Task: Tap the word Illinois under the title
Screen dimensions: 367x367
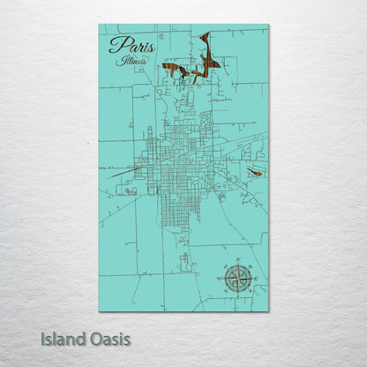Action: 132,62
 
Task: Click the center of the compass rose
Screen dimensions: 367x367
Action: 236,278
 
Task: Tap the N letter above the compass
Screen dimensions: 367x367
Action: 236,261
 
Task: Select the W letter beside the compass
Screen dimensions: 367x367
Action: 220,278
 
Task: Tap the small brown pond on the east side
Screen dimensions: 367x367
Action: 255,173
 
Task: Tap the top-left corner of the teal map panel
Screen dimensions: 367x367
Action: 99,25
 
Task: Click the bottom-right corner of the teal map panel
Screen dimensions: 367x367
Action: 268,311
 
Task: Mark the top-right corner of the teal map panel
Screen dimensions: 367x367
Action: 268,25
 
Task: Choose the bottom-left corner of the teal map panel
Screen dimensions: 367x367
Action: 99,311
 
